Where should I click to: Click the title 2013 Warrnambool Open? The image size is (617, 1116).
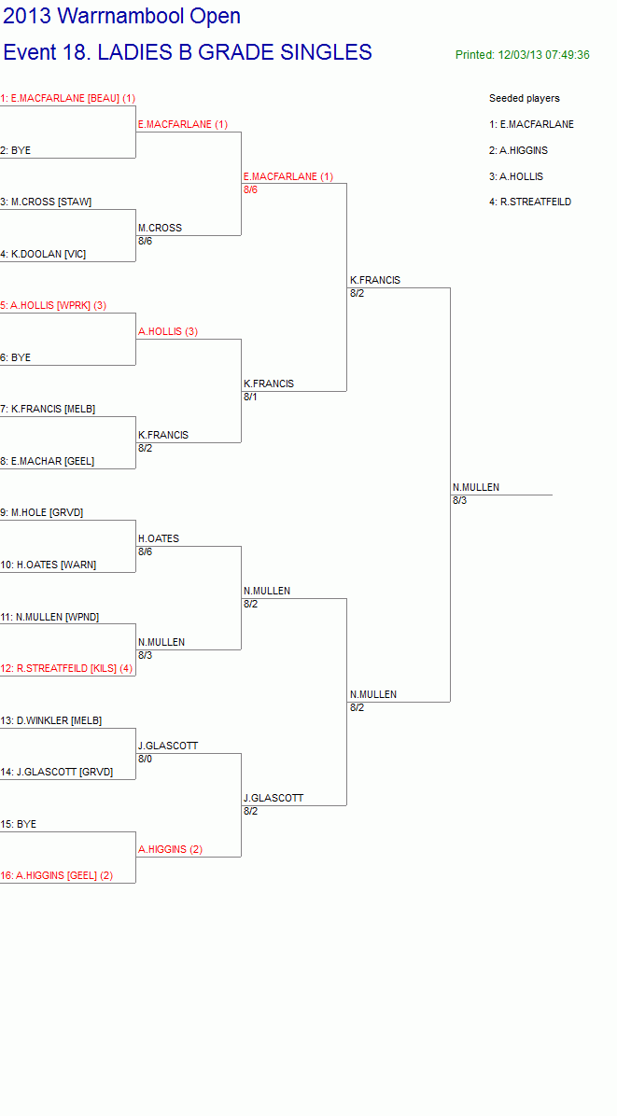tap(121, 16)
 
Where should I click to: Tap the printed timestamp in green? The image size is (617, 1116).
tap(523, 55)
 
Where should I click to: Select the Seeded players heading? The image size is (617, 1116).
tap(525, 98)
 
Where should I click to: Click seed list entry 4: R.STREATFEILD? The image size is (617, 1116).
tap(530, 202)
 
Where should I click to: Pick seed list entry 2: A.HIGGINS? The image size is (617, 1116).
tap(519, 150)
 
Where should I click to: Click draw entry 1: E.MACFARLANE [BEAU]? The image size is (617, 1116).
tap(67, 98)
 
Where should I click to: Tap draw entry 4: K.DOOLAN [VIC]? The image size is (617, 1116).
tap(44, 254)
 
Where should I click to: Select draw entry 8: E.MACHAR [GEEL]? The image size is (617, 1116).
tap(48, 461)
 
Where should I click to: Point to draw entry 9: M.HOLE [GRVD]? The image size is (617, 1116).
tap(42, 512)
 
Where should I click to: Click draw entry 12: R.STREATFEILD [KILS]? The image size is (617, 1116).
tap(66, 668)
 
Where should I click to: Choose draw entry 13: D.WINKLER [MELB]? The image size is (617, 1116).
tap(51, 720)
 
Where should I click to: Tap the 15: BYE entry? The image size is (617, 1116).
tap(19, 824)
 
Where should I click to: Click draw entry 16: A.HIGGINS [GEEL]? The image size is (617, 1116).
tap(57, 875)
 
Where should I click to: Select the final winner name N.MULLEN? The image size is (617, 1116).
tap(476, 487)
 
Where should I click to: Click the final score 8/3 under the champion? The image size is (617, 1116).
tap(460, 500)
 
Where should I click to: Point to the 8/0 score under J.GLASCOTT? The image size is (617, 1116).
tap(146, 759)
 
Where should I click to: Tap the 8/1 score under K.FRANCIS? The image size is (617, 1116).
tap(250, 397)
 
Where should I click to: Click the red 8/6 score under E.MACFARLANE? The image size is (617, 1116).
tap(250, 189)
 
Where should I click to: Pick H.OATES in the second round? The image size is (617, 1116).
tap(159, 538)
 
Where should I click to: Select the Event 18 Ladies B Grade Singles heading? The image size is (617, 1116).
tap(188, 52)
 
